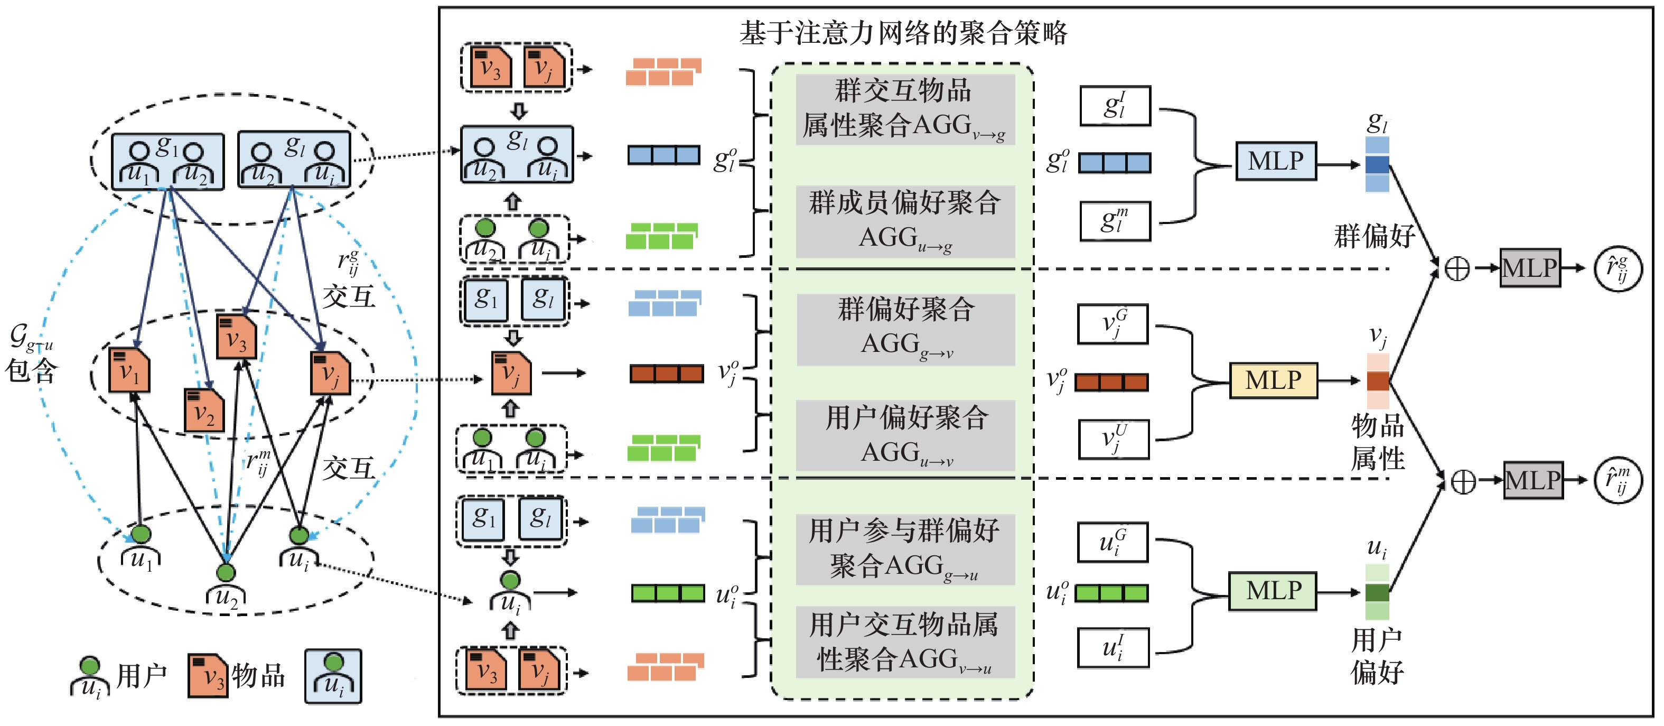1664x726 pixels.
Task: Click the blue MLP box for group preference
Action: point(1276,161)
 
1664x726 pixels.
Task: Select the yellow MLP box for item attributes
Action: point(1273,380)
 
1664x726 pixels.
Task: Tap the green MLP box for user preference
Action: point(1273,590)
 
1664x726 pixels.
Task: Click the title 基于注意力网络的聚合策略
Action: point(903,32)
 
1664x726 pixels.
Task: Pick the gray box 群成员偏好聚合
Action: point(905,221)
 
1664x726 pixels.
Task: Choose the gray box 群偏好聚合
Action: point(905,329)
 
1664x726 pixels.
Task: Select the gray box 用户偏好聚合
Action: point(905,435)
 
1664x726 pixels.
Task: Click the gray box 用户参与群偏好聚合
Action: point(905,549)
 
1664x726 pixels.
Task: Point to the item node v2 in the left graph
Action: point(204,411)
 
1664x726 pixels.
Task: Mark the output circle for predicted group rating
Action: point(1618,268)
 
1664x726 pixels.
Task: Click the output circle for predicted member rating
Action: point(1618,480)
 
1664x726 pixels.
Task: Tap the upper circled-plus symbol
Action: point(1456,268)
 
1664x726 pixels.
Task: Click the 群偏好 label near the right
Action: point(1374,236)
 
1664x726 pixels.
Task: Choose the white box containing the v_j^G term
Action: point(1113,324)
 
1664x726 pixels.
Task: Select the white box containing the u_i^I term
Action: point(1113,647)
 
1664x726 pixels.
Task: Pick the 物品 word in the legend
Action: point(258,676)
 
